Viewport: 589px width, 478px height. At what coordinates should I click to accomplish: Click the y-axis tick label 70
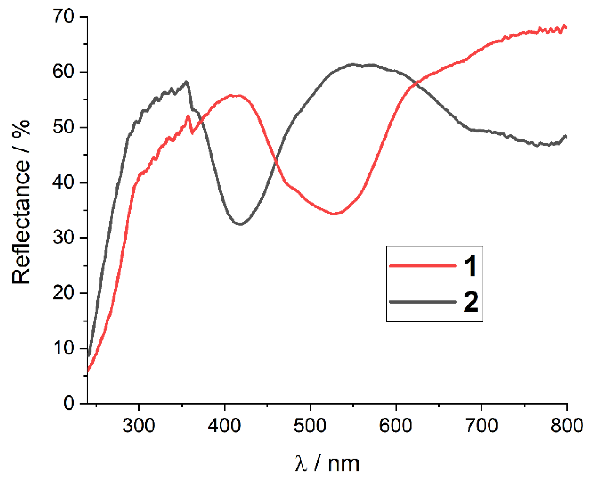[63, 16]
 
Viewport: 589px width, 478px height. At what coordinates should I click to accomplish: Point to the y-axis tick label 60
[63, 72]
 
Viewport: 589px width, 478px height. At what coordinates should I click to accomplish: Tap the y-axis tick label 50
[63, 127]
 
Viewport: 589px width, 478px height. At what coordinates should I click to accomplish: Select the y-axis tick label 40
[63, 182]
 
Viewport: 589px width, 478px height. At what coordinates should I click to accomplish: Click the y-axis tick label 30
[63, 237]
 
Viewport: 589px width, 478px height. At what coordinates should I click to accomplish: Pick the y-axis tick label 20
[63, 293]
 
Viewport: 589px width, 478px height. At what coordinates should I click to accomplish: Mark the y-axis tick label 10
[63, 348]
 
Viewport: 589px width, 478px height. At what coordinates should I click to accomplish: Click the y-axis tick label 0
[69, 403]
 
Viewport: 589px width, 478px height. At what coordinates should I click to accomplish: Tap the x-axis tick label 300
[139, 425]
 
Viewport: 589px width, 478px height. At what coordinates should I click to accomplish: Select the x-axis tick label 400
[224, 425]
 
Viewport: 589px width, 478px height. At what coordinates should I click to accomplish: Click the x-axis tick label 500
[310, 425]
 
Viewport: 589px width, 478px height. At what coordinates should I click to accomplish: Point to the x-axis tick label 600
[396, 425]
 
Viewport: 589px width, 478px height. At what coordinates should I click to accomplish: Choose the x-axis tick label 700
[482, 425]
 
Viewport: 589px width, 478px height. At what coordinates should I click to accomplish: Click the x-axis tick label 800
[566, 425]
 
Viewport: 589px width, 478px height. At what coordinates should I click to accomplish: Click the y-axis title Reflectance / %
[21, 202]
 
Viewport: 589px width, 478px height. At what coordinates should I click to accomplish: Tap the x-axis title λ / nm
[327, 463]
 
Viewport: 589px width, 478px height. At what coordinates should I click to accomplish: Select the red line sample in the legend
[422, 266]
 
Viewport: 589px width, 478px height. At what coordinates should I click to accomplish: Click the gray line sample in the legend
[422, 302]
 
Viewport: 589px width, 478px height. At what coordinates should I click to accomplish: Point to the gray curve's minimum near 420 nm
[240, 224]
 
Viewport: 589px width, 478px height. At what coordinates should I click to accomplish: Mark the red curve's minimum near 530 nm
[334, 214]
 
